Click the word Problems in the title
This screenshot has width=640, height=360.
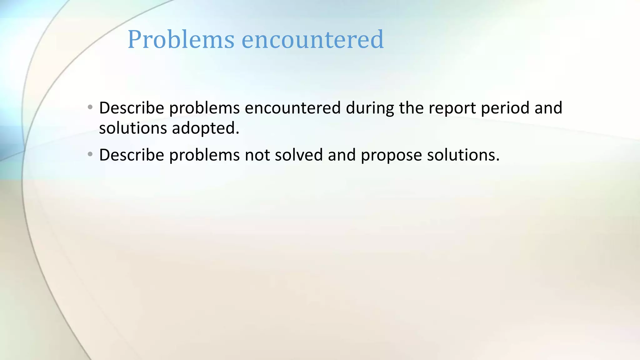(x=181, y=39)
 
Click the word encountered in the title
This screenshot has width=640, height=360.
(x=312, y=39)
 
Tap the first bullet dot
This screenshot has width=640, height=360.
(x=90, y=107)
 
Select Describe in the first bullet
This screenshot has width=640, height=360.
(x=132, y=108)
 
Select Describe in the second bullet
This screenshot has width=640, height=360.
(x=132, y=155)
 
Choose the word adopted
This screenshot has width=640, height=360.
(x=206, y=128)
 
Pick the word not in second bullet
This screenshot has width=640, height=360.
(x=257, y=155)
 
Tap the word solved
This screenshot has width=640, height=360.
(x=299, y=155)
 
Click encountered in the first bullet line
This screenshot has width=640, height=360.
(x=292, y=108)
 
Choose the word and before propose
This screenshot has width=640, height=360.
(x=342, y=155)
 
